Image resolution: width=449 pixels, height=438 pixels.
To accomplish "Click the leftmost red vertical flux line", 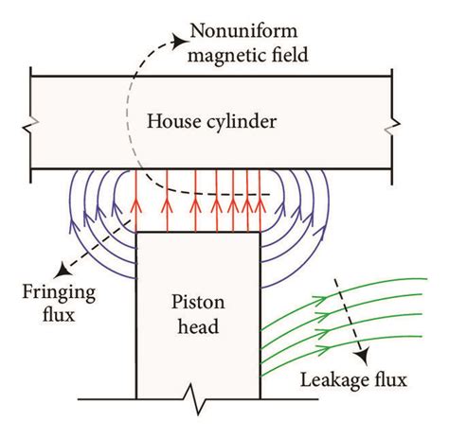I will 136,203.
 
